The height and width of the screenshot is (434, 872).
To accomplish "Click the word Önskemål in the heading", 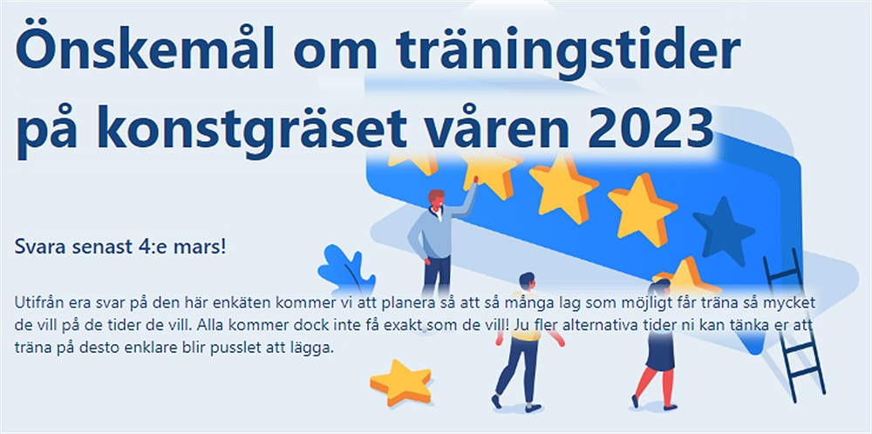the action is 145,47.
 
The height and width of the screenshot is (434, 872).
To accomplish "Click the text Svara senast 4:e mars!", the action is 120,247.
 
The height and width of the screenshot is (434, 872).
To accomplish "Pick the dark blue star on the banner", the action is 723,231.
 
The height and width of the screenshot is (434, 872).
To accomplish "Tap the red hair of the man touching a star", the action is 436,196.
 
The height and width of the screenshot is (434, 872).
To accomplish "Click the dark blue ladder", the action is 794,325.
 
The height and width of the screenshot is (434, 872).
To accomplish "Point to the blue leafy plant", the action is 344,268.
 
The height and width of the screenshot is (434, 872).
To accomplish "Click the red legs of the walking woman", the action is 655,388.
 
